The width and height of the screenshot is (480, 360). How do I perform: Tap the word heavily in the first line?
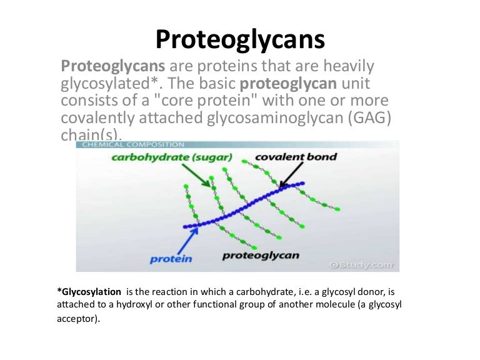(351, 66)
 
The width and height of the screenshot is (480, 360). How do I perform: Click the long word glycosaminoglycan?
(266, 119)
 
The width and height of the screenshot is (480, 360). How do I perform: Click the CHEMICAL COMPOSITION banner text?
(131, 144)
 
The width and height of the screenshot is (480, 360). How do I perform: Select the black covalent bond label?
(296, 156)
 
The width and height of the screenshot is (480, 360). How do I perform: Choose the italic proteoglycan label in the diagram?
(261, 255)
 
